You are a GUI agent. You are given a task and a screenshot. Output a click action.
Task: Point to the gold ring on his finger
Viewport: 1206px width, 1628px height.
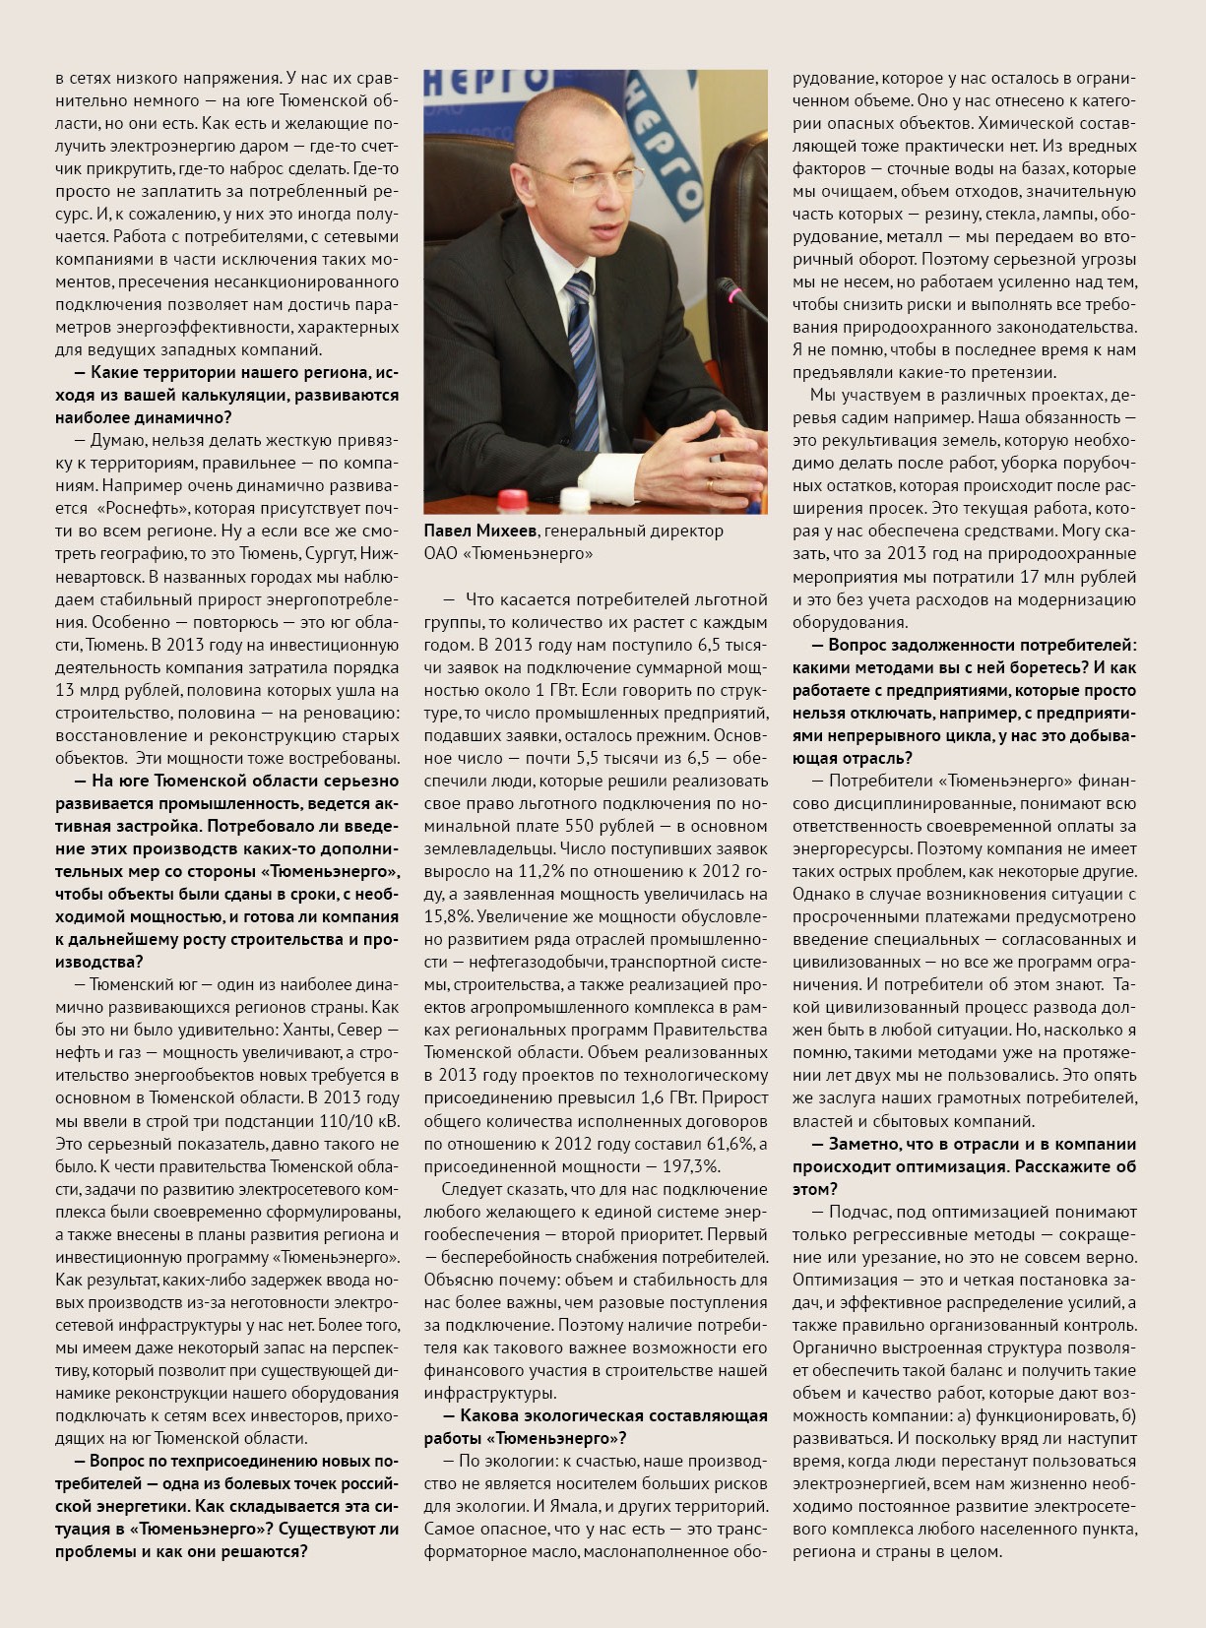(x=711, y=484)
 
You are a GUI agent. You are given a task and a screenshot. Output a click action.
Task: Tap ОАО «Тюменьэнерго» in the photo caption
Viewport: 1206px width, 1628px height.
(x=508, y=554)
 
